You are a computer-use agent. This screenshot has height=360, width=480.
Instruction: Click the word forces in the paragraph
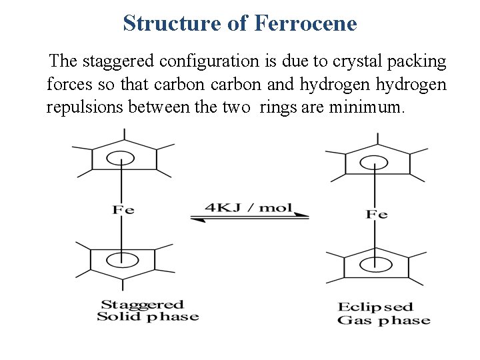point(69,85)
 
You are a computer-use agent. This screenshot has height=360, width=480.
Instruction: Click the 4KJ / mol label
point(248,207)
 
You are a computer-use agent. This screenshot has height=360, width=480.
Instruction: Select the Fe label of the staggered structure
point(123,210)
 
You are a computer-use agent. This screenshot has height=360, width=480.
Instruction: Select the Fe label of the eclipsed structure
point(377,214)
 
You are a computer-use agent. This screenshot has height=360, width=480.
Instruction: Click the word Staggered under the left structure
point(141,305)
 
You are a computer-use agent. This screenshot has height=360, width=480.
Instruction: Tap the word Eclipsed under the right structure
point(375,307)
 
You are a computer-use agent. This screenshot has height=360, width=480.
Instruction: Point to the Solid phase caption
point(147,316)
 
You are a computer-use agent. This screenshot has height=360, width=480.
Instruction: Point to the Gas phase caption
point(383,321)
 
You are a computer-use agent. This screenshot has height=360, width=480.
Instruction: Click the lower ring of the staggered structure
point(122,257)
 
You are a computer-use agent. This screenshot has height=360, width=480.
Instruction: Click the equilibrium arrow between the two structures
point(249,217)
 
